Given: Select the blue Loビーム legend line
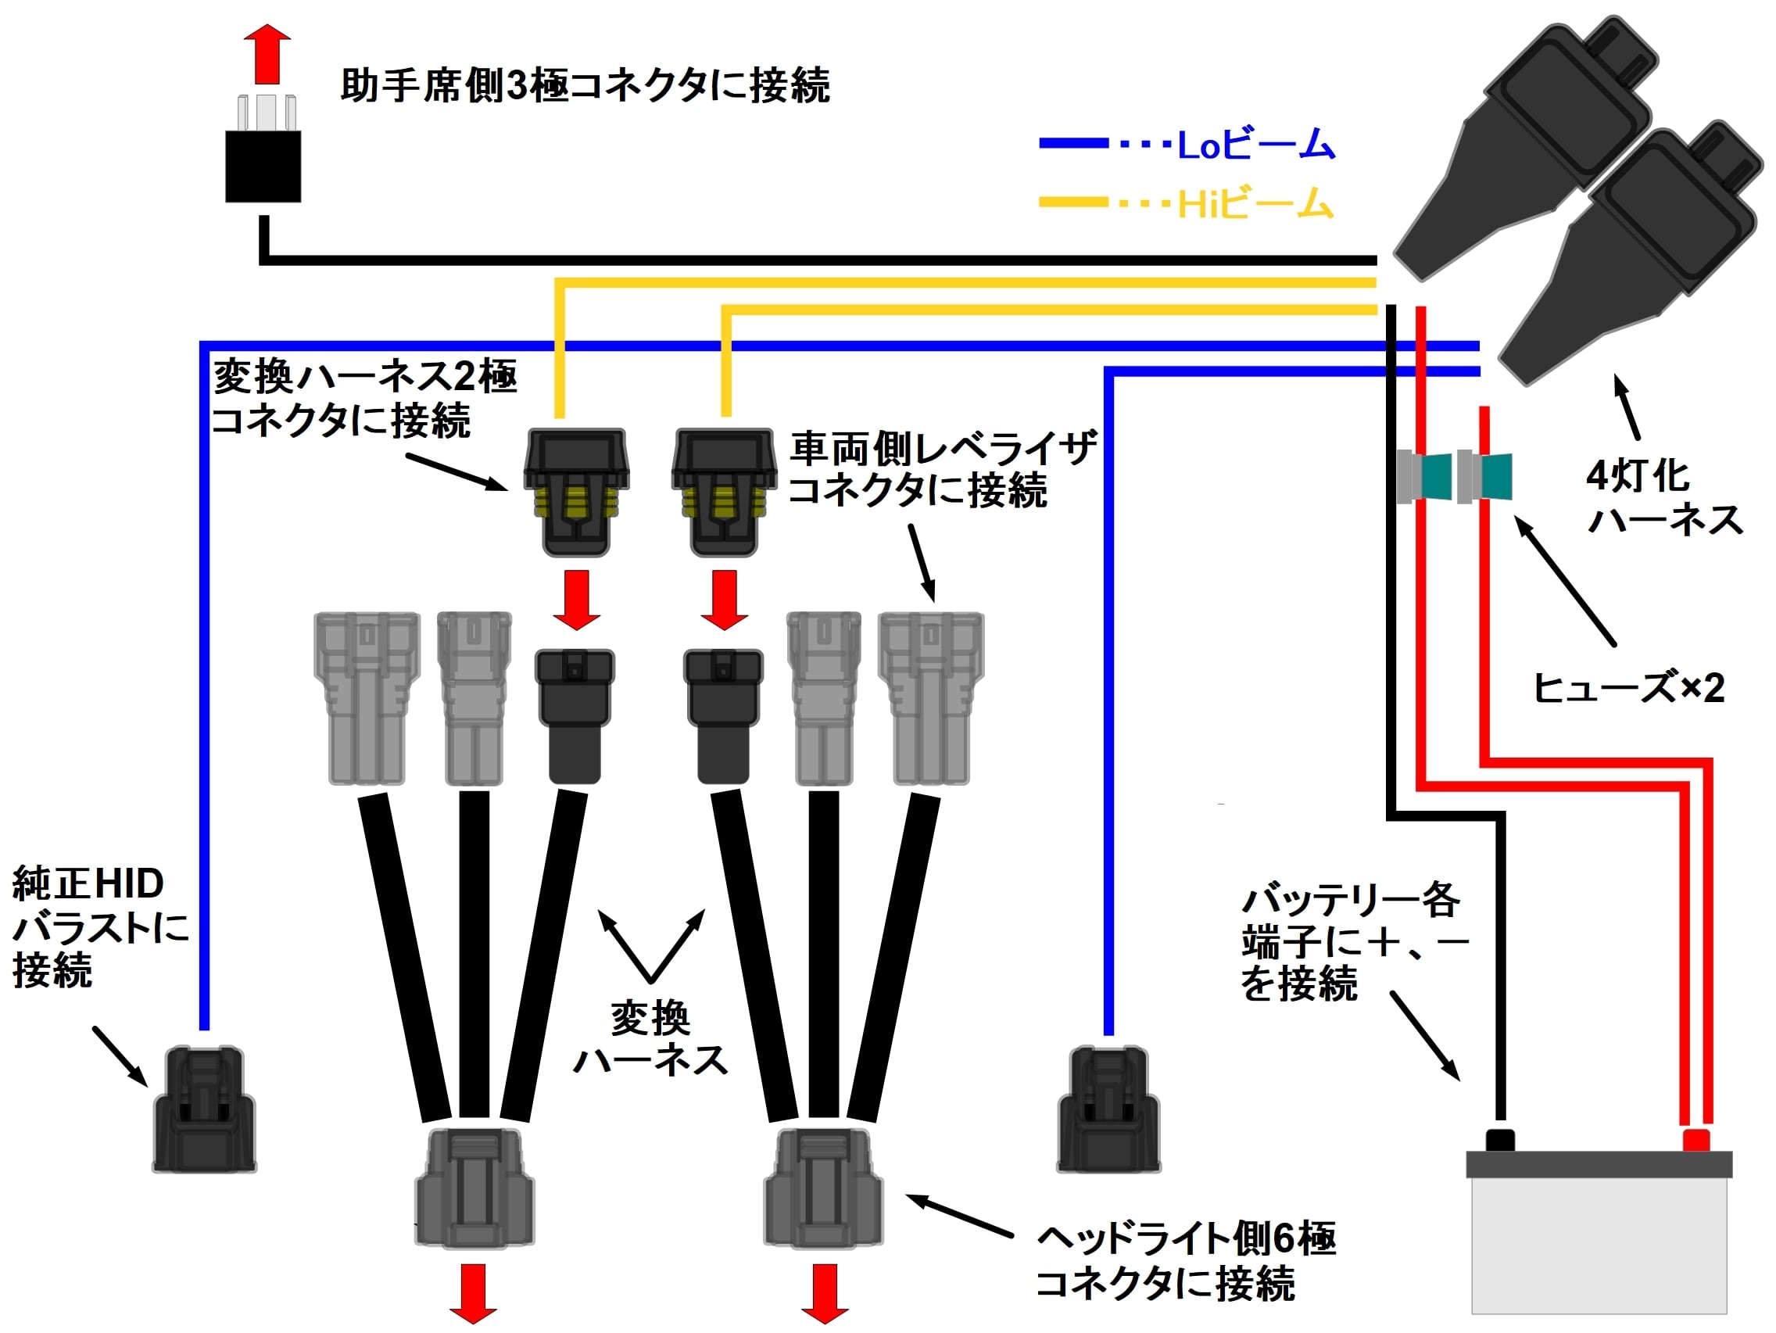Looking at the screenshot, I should (1073, 145).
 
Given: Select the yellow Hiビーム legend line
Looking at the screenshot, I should (1073, 202).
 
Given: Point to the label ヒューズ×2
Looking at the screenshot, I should (1628, 688).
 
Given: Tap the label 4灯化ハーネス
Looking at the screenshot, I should (1663, 498).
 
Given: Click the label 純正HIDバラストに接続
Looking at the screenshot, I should (96, 927).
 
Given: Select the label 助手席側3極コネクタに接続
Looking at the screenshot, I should (585, 86).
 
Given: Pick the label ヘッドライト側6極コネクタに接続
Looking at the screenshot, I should (1184, 1261).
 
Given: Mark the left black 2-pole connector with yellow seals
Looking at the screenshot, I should (575, 492).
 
